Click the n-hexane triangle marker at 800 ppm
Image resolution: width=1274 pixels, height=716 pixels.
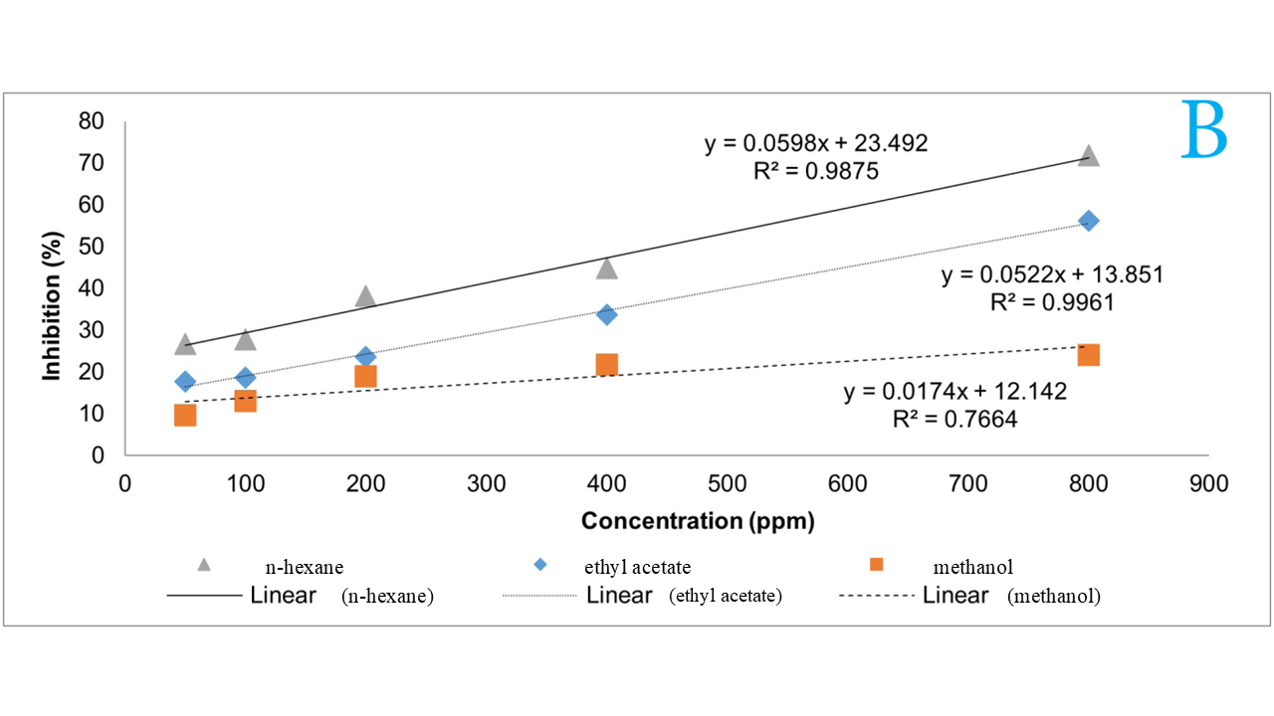coord(1089,156)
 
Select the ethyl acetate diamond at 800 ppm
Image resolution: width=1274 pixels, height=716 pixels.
coord(1089,221)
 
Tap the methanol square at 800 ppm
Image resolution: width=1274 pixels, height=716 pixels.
coord(1089,355)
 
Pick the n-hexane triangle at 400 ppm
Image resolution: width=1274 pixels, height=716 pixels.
coord(606,268)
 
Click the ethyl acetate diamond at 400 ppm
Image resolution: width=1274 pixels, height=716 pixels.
coord(606,314)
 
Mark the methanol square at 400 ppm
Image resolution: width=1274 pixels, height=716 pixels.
coord(606,364)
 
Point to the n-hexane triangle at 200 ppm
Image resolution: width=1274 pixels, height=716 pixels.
coord(365,296)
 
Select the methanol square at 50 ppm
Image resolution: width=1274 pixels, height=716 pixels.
coord(185,415)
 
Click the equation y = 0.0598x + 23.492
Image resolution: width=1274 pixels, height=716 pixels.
coord(816,143)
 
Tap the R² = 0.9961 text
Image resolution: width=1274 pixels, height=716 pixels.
coord(1051,302)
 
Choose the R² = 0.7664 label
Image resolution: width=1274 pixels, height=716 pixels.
coord(955,420)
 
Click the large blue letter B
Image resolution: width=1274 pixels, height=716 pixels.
coord(1205,130)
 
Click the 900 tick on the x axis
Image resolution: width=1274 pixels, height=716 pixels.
coord(1209,483)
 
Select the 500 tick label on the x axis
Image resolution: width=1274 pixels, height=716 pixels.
coord(727,483)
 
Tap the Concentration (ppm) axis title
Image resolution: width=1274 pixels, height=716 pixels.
coord(698,521)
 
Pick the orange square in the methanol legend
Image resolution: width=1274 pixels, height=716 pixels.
coord(876,565)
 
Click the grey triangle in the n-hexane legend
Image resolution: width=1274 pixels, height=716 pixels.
coord(204,564)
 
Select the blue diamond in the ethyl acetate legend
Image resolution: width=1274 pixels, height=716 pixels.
coord(540,565)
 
